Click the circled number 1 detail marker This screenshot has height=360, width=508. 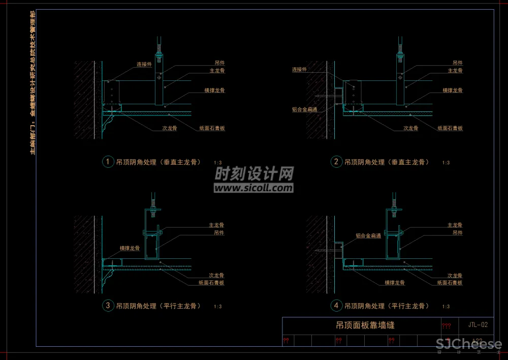click(x=108, y=162)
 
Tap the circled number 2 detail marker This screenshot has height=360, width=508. click(x=336, y=162)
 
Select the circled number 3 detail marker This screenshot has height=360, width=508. click(x=108, y=306)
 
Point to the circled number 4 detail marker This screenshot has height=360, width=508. click(x=336, y=306)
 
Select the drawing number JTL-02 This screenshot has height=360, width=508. click(x=478, y=324)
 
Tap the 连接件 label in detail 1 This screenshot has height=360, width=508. click(x=144, y=65)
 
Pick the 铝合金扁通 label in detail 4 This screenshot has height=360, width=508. click(x=368, y=236)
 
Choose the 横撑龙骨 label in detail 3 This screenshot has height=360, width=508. click(x=130, y=248)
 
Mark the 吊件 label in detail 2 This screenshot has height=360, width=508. click(x=457, y=63)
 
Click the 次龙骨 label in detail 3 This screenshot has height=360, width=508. click(x=216, y=275)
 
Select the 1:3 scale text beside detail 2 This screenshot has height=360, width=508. click(x=446, y=163)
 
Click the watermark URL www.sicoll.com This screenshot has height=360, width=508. click(x=253, y=188)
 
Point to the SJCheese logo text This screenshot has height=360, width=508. click(x=469, y=344)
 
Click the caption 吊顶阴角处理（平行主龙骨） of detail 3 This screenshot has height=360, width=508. click(x=158, y=306)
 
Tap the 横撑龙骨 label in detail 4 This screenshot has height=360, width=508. click(x=395, y=283)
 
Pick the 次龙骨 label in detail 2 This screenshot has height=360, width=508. click(x=410, y=129)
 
